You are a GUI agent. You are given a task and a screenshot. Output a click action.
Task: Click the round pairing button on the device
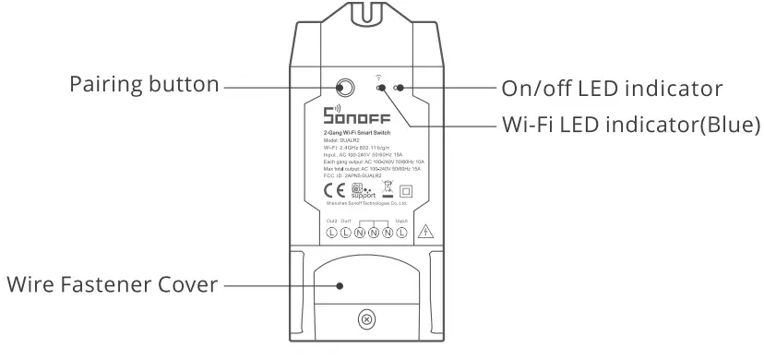pyautogui.click(x=346, y=90)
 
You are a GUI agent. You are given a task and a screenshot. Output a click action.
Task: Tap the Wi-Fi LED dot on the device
pyautogui.click(x=380, y=90)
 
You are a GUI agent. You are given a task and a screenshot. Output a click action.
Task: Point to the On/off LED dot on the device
pyautogui.click(x=398, y=90)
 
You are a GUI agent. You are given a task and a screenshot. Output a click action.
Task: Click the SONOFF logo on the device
pyautogui.click(x=358, y=118)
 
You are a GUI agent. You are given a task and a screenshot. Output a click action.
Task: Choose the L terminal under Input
pyautogui.click(x=401, y=234)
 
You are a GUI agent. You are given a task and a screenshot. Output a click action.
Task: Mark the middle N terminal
pyautogui.click(x=374, y=234)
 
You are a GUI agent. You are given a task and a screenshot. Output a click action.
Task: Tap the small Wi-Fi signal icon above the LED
pyautogui.click(x=378, y=77)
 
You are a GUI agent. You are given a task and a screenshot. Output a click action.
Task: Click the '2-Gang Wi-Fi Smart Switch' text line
pyautogui.click(x=360, y=133)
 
